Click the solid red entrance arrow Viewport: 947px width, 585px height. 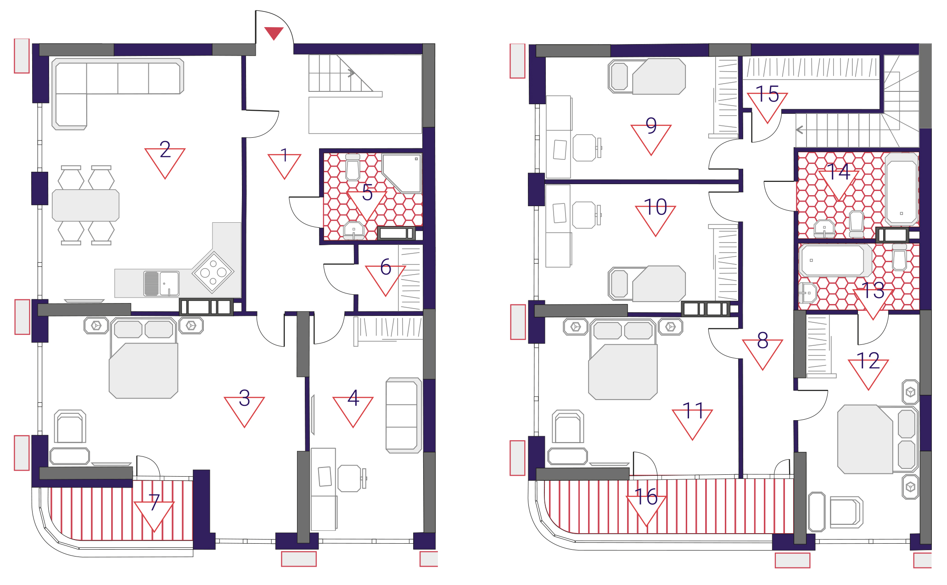coord(274,33)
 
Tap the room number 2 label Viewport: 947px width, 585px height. coord(165,150)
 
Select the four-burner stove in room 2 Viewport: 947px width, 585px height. coord(213,272)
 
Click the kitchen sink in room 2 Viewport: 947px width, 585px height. coord(161,283)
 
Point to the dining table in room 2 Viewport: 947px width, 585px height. coord(85,205)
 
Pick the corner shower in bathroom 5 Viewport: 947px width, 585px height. coord(402,173)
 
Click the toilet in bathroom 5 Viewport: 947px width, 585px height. coord(353,168)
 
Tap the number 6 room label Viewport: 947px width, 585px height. coord(386,267)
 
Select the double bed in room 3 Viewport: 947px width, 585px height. coord(143,358)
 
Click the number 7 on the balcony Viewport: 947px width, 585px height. coord(154,502)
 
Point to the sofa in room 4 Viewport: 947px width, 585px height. coord(403,416)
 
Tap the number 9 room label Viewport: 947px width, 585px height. coord(651,125)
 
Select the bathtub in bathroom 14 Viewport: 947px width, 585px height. coord(902,189)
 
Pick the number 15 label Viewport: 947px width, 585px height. coord(767,94)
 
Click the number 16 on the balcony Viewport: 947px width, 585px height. coord(646,497)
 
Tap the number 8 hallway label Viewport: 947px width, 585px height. coord(763,340)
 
